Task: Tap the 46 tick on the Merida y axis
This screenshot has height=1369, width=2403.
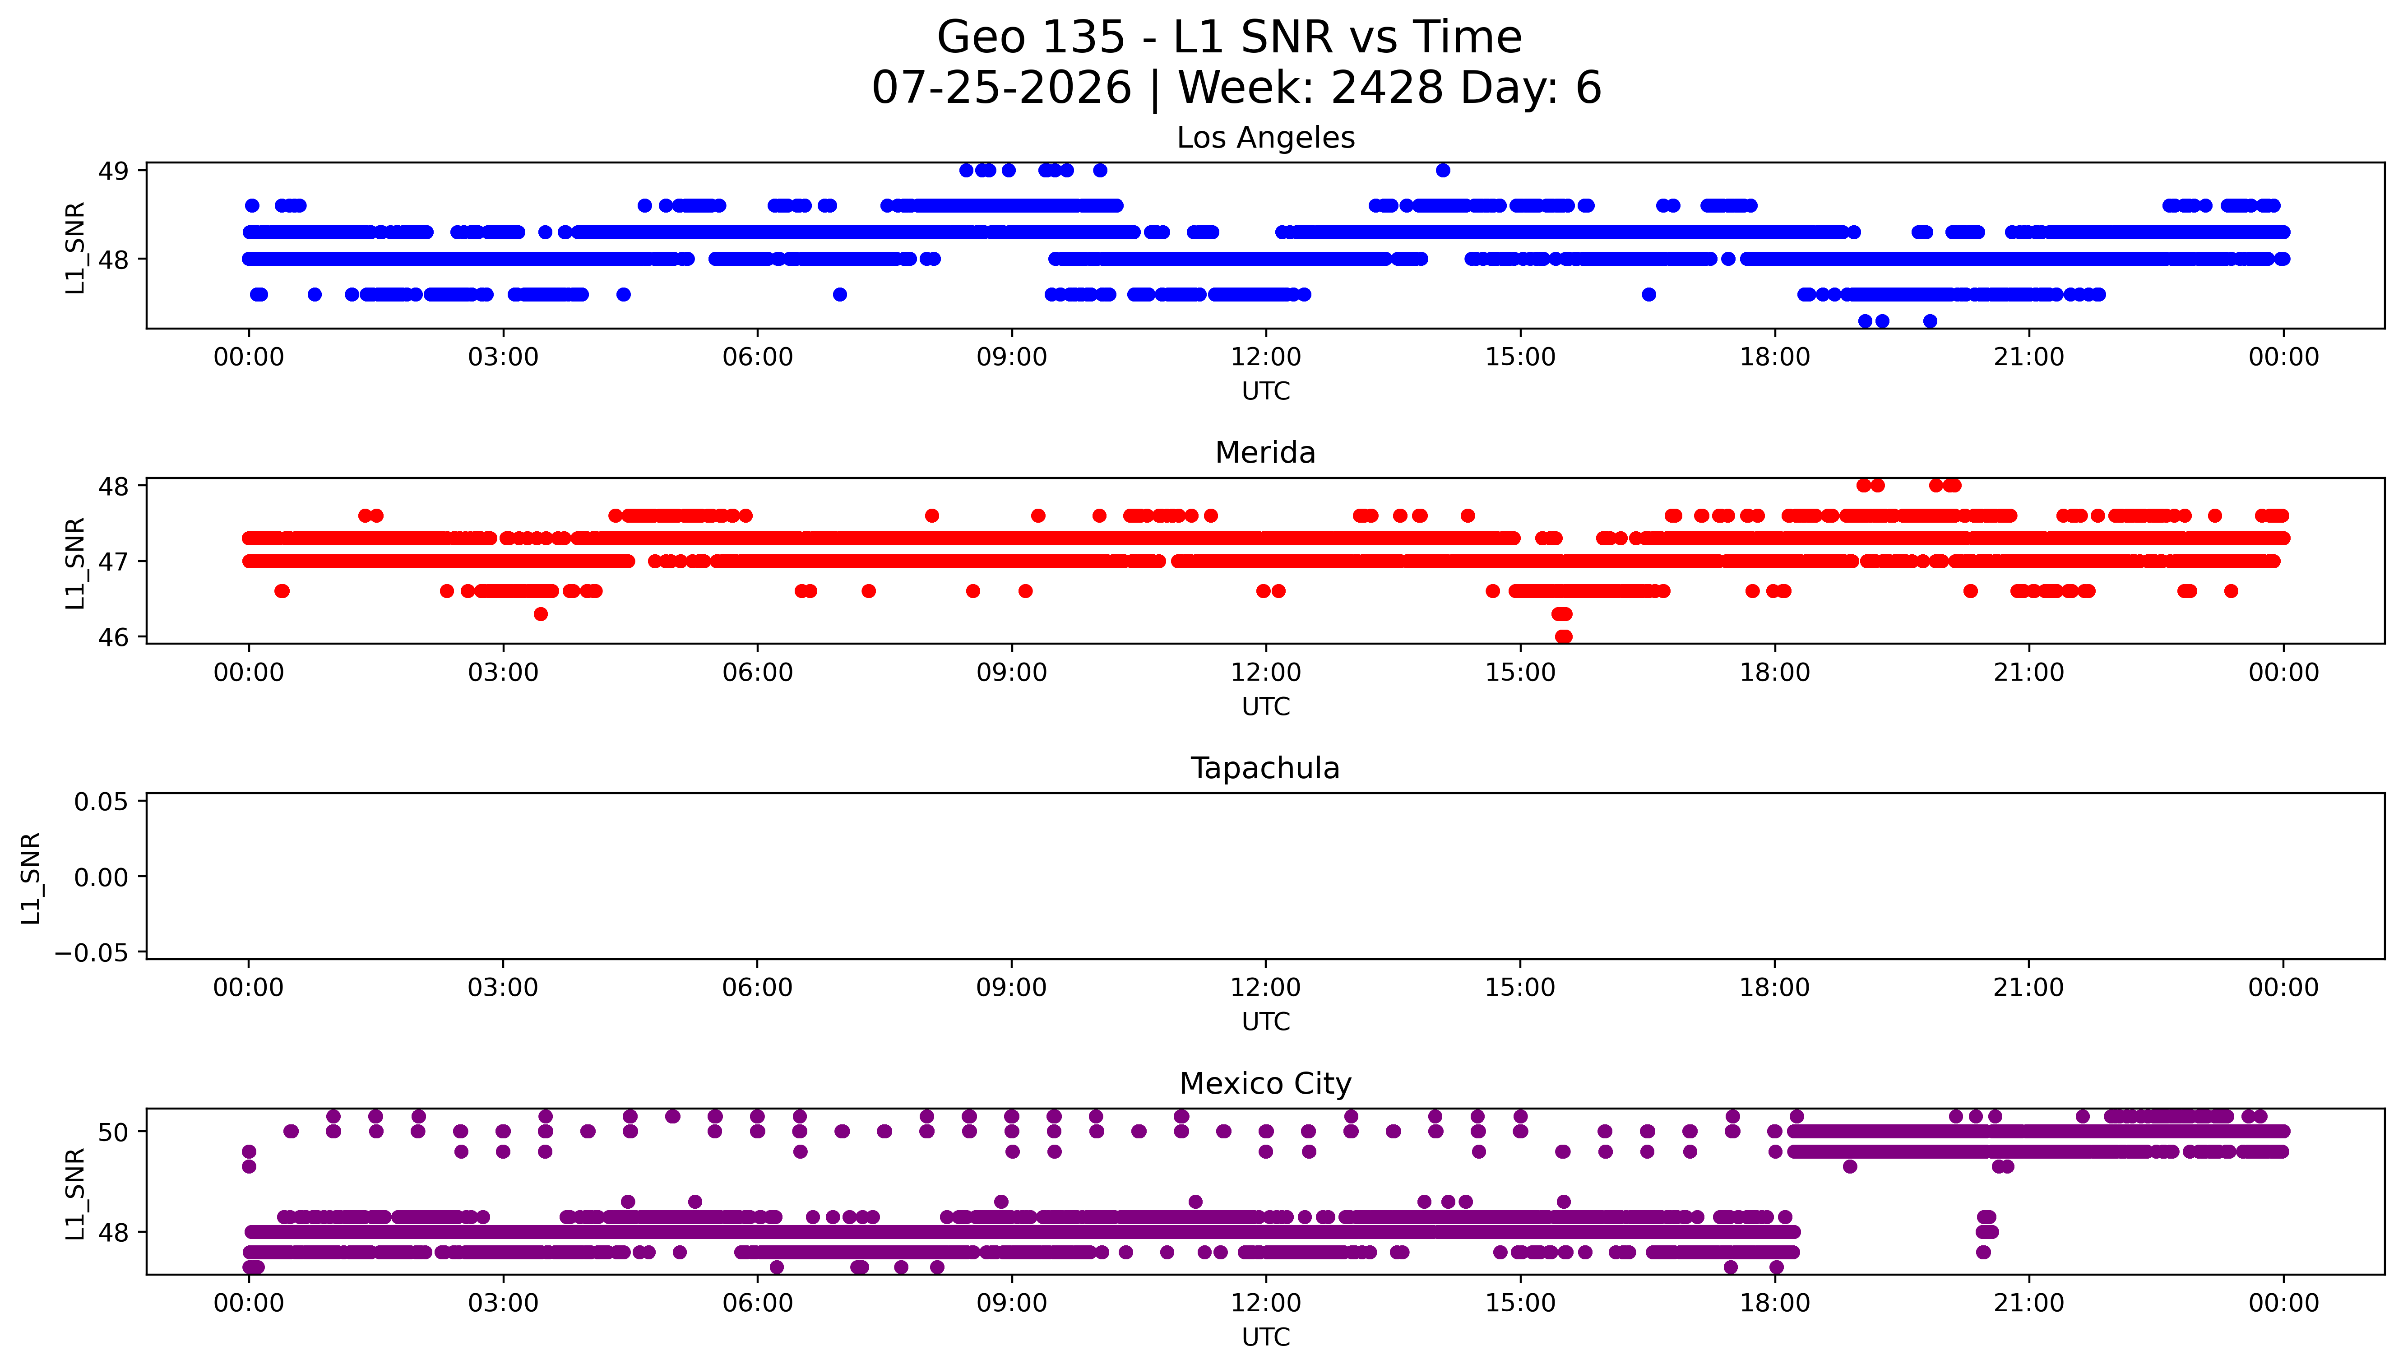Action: click(x=114, y=637)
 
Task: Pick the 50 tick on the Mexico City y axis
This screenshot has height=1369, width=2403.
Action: click(x=114, y=1132)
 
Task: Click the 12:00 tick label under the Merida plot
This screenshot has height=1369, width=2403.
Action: click(x=1266, y=672)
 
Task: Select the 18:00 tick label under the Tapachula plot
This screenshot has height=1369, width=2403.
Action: click(x=1774, y=987)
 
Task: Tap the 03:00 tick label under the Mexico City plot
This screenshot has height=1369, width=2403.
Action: click(x=503, y=1303)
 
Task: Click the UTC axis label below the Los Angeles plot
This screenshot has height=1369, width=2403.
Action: click(x=1266, y=391)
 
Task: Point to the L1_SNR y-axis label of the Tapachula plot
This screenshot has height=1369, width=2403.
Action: click(x=31, y=877)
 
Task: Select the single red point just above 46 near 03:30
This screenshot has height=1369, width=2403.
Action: click(x=540, y=614)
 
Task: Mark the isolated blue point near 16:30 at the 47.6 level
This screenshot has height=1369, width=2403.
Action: click(x=1648, y=294)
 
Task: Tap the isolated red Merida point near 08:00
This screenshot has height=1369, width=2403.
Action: click(x=931, y=515)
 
